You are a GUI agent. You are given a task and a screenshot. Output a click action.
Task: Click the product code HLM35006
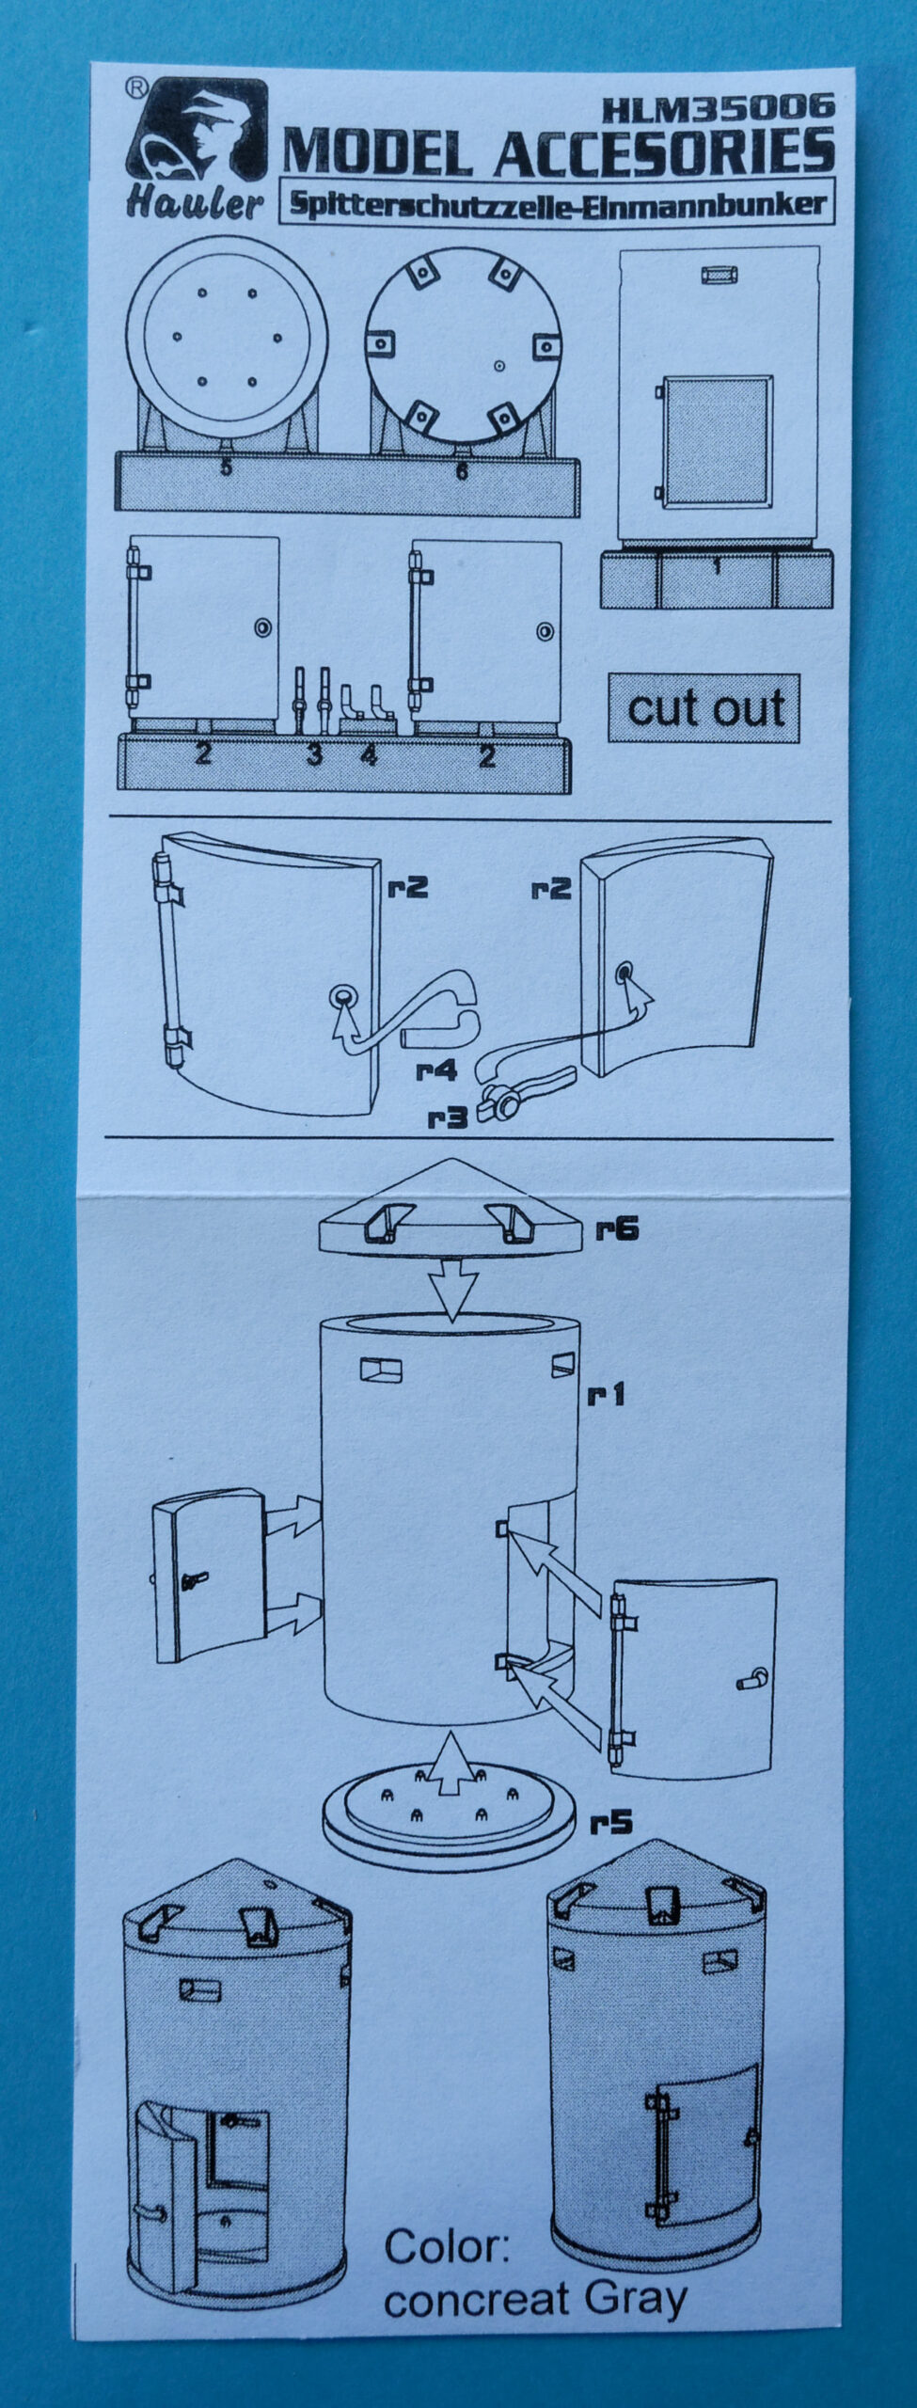(719, 108)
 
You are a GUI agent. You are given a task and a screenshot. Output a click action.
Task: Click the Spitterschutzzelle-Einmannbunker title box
(557, 204)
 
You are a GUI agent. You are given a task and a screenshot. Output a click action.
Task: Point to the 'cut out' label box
(704, 708)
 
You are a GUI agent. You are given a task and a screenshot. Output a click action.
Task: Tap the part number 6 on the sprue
(462, 470)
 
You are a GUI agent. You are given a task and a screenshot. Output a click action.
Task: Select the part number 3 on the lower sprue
(314, 753)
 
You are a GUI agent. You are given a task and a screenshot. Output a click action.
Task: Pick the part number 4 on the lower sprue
(369, 754)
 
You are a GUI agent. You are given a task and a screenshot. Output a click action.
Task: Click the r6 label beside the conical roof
(617, 1229)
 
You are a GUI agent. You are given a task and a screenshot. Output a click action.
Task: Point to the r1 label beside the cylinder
(607, 1394)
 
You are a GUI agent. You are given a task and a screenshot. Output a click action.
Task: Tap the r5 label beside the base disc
(611, 1824)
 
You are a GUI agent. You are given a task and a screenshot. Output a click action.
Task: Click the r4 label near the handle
(437, 1070)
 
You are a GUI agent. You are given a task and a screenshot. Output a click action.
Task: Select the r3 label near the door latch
(449, 1117)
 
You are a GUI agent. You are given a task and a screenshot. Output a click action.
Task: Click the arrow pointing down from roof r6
(453, 1296)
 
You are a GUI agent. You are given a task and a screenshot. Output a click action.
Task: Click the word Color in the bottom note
(447, 2247)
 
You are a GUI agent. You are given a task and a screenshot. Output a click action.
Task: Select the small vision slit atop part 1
(719, 276)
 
